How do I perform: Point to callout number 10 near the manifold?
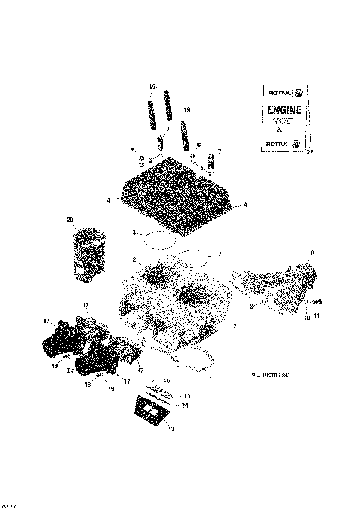(x=306, y=317)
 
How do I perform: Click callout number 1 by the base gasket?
(x=210, y=379)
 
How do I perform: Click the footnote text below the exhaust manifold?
(x=271, y=375)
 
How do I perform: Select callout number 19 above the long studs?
(x=151, y=87)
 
